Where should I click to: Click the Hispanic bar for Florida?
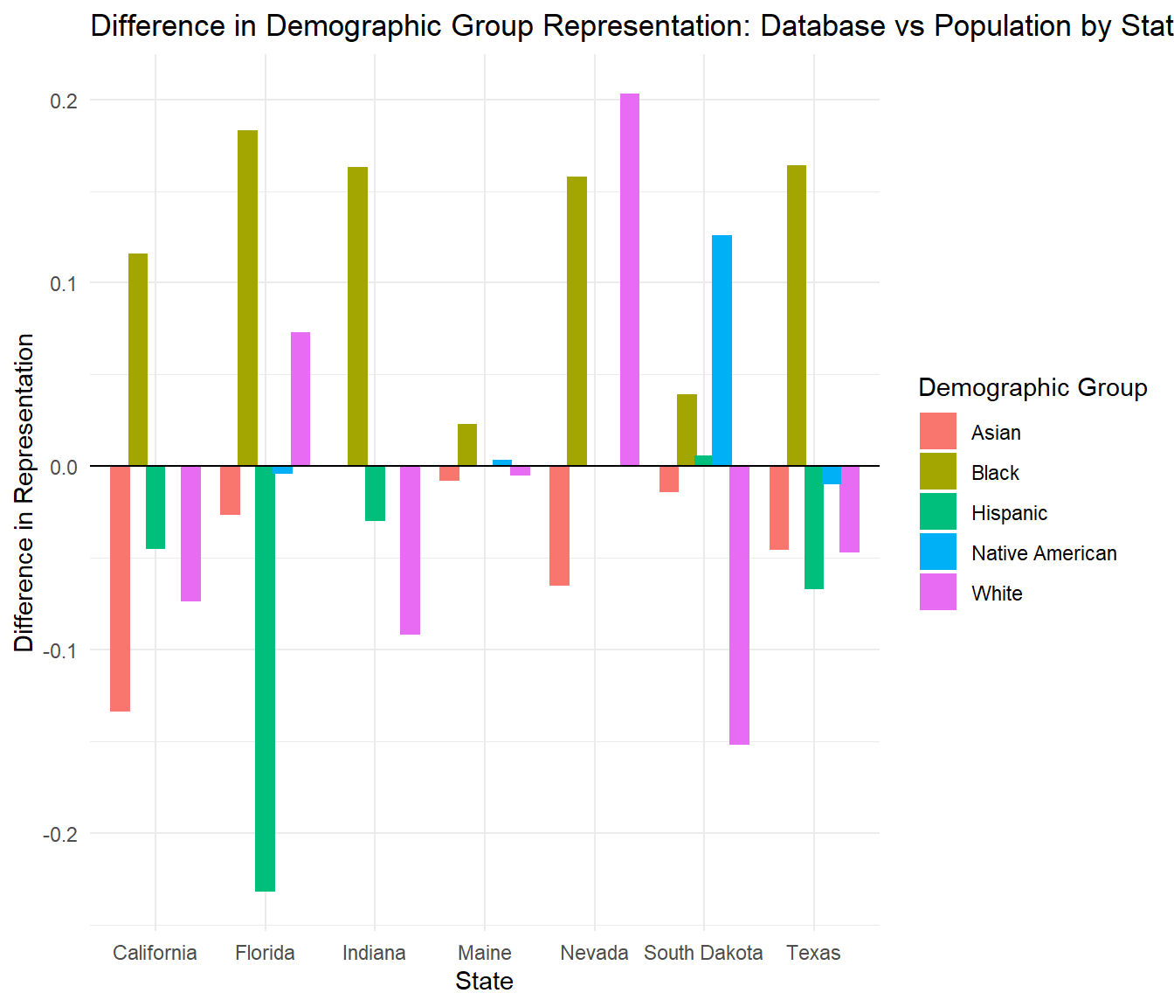[265, 678]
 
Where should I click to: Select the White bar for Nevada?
[630, 280]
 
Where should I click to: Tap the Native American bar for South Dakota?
[722, 351]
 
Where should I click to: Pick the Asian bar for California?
[121, 588]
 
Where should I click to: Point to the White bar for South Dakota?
[739, 605]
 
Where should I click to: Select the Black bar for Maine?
[467, 445]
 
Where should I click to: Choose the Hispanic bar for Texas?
[814, 527]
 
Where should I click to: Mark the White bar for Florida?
[300, 399]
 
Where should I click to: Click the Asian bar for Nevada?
[559, 525]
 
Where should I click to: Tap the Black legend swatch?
[937, 472]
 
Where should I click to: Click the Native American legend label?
[1044, 553]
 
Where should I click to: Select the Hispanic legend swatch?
[937, 512]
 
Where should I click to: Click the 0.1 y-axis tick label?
[64, 283]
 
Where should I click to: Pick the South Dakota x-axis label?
[703, 953]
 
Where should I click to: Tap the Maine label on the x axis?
[485, 953]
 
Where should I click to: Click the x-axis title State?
[484, 981]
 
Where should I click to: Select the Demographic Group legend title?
[1032, 387]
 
